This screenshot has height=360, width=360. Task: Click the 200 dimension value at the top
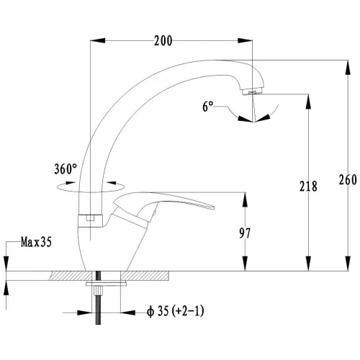click(163, 41)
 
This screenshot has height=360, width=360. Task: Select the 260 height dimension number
click(348, 180)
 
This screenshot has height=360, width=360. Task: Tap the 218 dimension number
click(308, 186)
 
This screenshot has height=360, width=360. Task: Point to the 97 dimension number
click(245, 233)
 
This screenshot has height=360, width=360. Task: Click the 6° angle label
click(208, 107)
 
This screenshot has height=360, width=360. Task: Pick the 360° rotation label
click(66, 168)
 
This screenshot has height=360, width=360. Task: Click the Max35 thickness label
click(36, 242)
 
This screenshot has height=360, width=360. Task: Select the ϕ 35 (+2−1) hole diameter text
click(176, 311)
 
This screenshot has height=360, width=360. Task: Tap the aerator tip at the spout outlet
click(253, 91)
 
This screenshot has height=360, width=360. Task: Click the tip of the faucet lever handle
click(212, 207)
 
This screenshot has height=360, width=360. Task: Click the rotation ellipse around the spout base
click(91, 187)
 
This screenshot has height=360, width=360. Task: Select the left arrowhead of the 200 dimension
click(98, 40)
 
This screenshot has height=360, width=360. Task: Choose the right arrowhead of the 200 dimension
click(245, 40)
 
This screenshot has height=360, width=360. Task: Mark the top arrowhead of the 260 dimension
click(348, 68)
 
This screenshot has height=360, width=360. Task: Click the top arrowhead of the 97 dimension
click(245, 199)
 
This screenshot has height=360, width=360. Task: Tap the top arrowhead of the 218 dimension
click(308, 102)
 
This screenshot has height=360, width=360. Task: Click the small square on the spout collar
click(90, 218)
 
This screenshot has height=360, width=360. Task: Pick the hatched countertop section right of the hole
click(145, 276)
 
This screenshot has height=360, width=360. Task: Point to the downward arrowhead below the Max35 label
click(6, 264)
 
